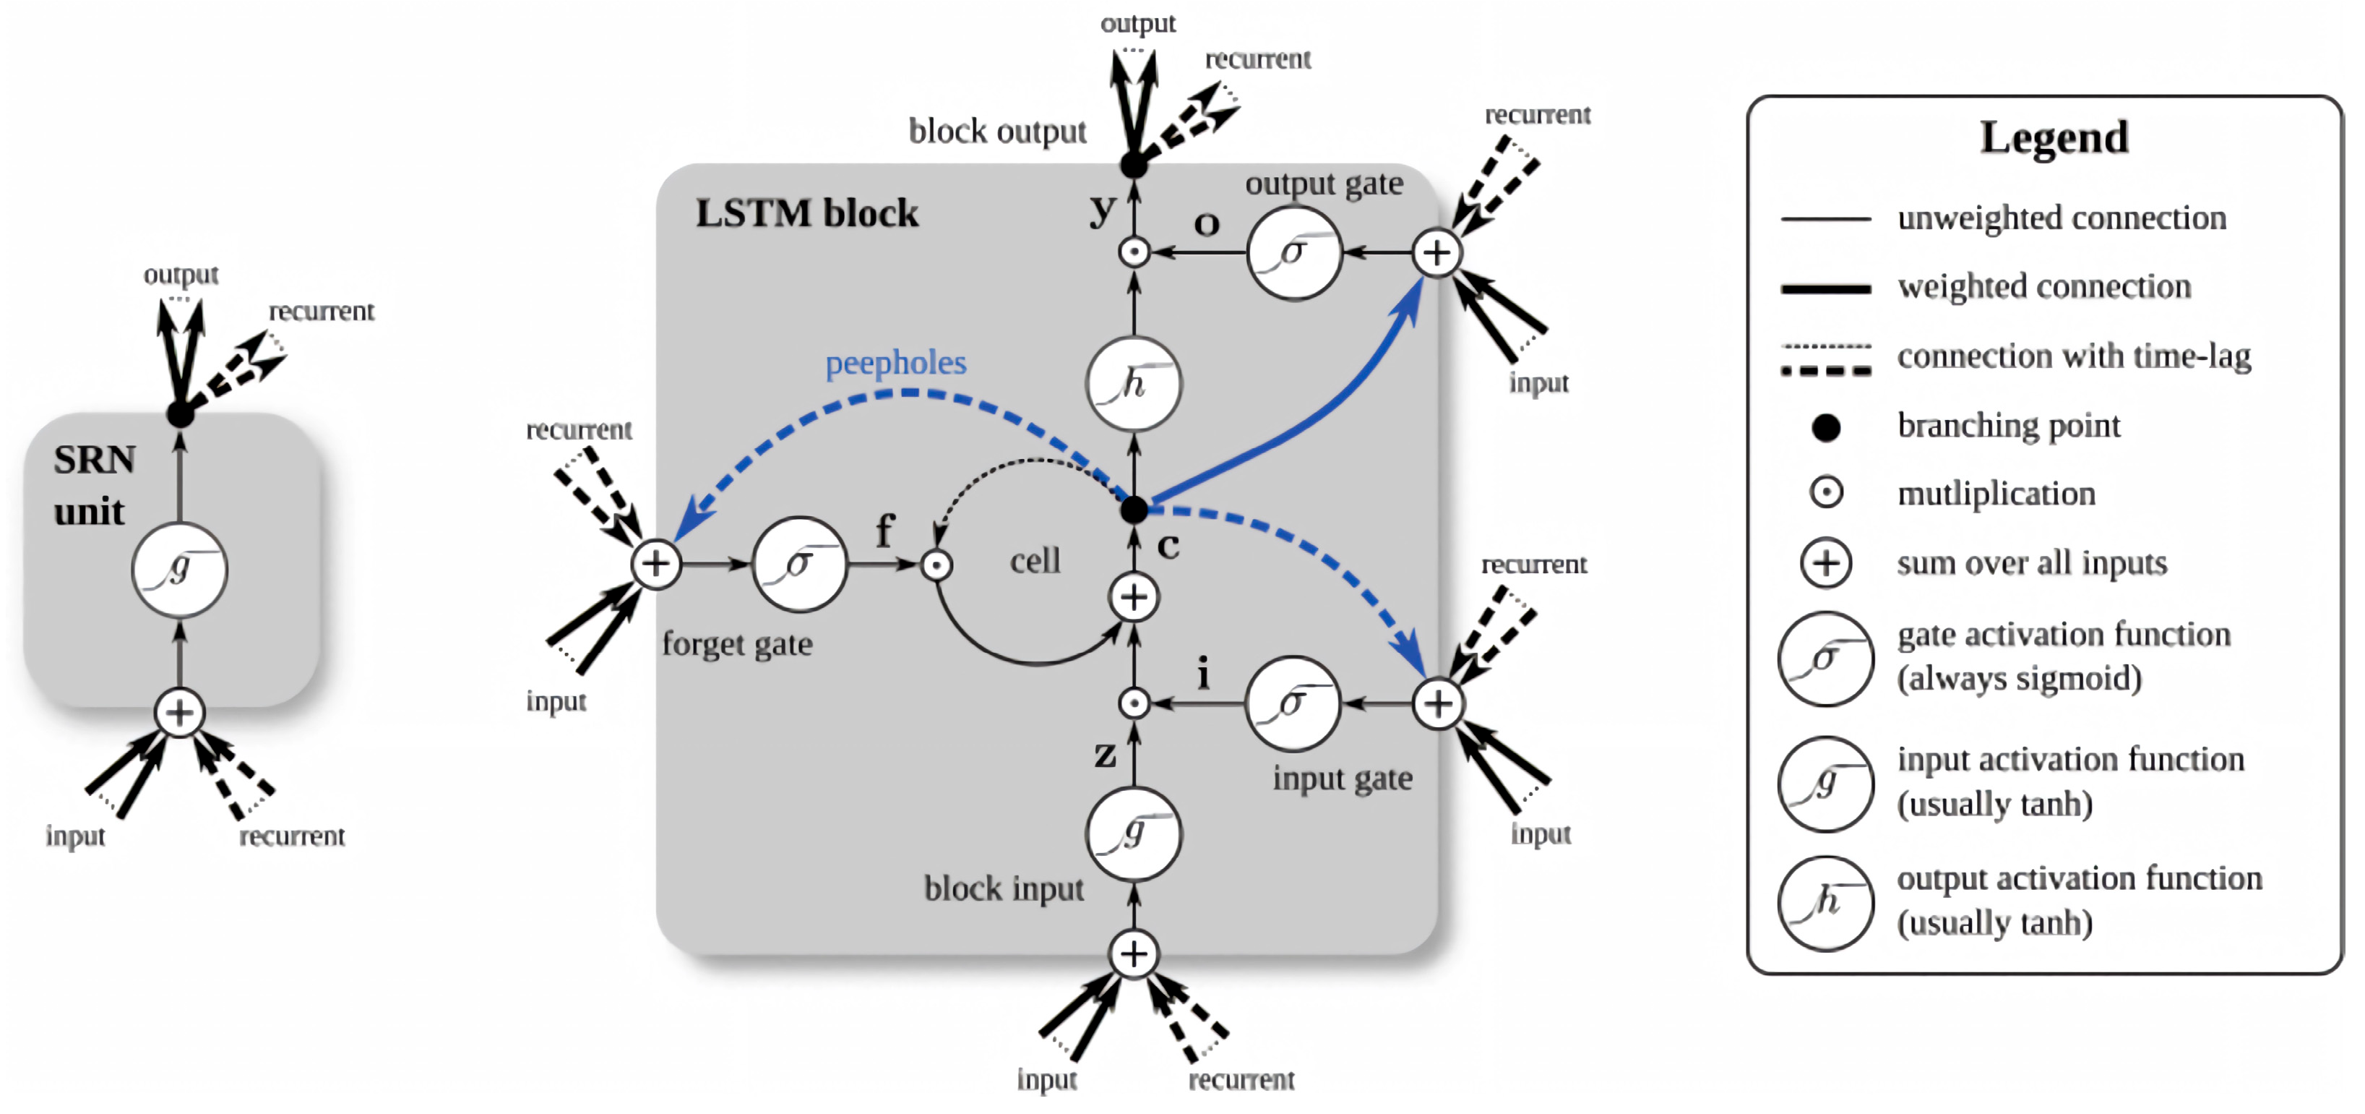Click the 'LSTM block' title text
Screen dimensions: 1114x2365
coord(806,213)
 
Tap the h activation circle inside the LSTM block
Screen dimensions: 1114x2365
coord(1134,383)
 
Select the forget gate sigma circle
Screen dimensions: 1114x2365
coord(798,564)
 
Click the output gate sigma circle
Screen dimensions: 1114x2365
coord(1293,252)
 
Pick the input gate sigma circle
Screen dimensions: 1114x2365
coord(1292,703)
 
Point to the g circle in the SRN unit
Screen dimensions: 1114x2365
coord(179,570)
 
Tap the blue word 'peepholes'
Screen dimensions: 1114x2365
coord(895,363)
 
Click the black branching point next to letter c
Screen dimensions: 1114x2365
coord(1134,509)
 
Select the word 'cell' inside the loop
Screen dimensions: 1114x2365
coord(1035,560)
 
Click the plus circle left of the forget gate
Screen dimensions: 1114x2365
coord(655,563)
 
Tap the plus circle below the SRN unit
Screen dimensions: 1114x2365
coord(179,713)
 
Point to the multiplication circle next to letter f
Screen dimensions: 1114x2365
coord(936,565)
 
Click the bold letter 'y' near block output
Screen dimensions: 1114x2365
coord(1103,210)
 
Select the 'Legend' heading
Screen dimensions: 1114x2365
coord(2054,138)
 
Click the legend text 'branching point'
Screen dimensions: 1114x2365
coord(2009,425)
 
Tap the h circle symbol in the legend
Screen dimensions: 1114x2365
coord(1825,903)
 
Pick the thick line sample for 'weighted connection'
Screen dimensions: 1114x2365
coord(1825,288)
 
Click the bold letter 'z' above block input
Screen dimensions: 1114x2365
coord(1106,755)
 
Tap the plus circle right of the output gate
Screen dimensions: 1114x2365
coord(1436,252)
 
